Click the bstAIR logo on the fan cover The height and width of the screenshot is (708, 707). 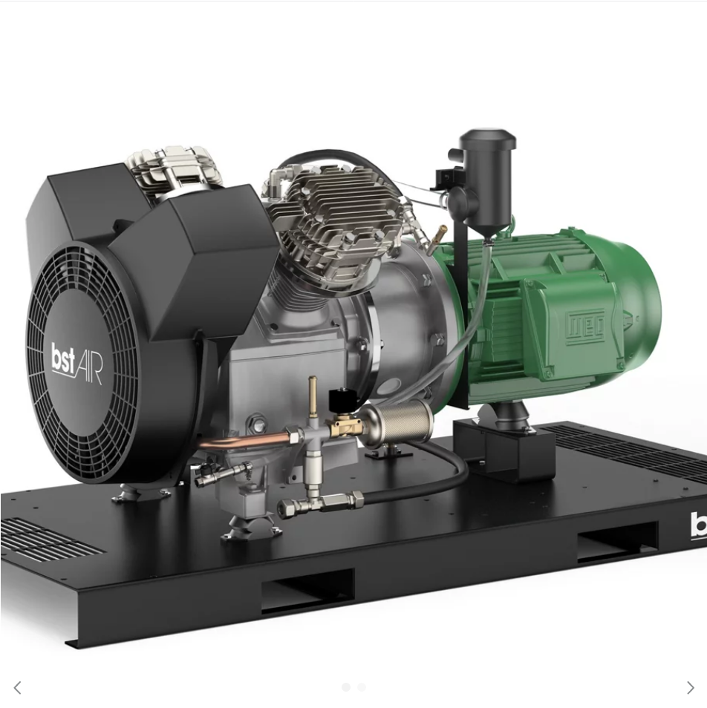click(76, 362)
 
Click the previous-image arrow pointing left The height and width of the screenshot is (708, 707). click(17, 688)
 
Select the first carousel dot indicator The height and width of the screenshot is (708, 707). click(345, 687)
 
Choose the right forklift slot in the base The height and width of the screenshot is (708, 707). click(616, 540)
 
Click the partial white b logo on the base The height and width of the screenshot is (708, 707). click(698, 525)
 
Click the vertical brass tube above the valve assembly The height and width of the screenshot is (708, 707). click(313, 394)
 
